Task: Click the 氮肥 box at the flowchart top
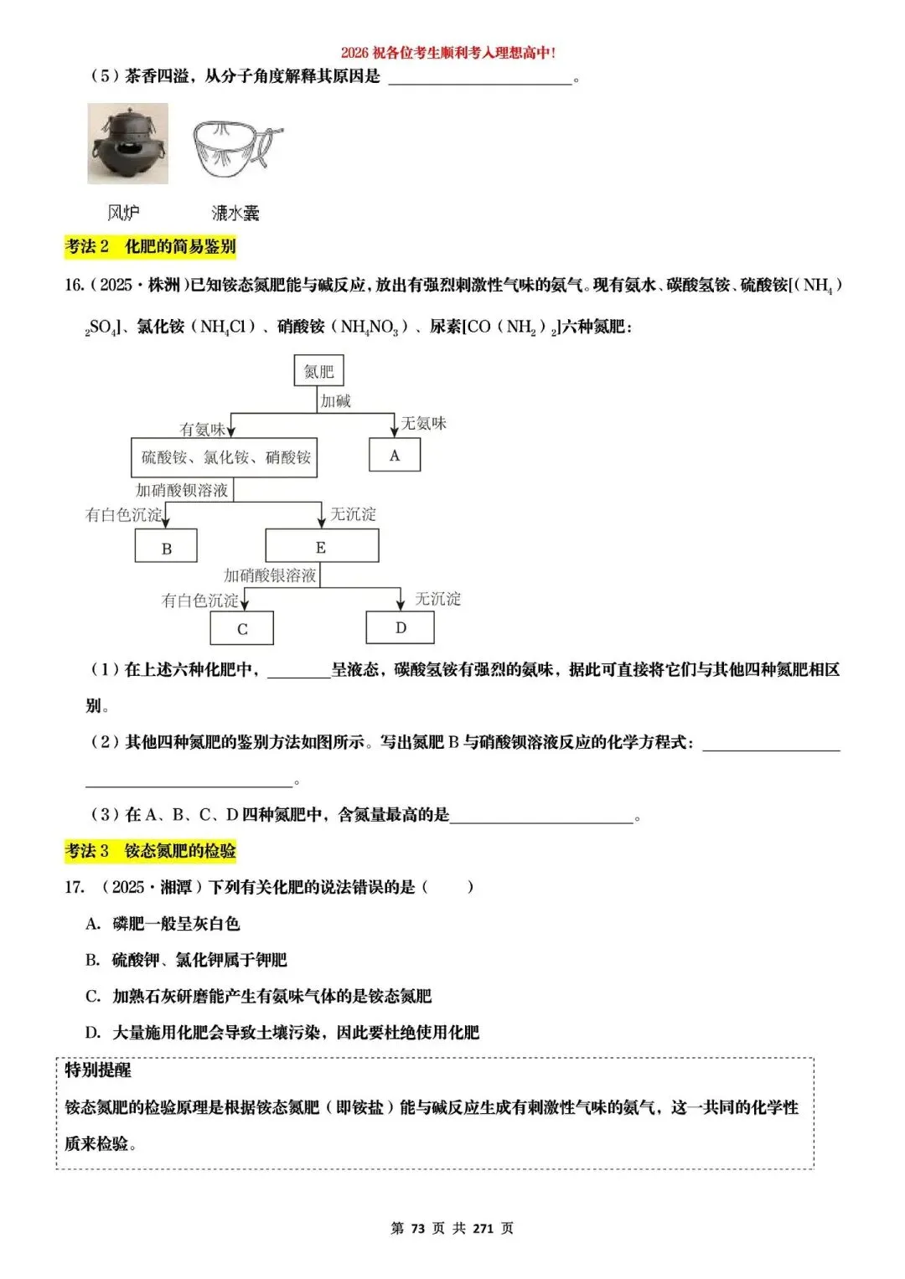coord(318,370)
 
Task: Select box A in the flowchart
coord(395,456)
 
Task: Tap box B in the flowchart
coord(166,548)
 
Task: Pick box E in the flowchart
coord(322,547)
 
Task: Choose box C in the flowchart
coord(242,629)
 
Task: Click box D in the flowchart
coord(401,628)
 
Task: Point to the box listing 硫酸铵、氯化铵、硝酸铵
coord(225,457)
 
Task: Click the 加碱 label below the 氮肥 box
coord(336,401)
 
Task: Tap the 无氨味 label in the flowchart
coord(424,424)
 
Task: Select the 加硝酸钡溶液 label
coord(182,490)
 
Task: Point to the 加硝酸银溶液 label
coord(270,575)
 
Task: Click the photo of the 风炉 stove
coord(127,144)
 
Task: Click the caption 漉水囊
coord(235,214)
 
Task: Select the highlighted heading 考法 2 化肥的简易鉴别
coord(151,246)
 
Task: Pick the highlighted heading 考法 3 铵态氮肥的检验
coord(151,851)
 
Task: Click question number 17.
coord(75,887)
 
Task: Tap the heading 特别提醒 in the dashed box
coord(98,1070)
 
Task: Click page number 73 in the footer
coord(417,1228)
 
